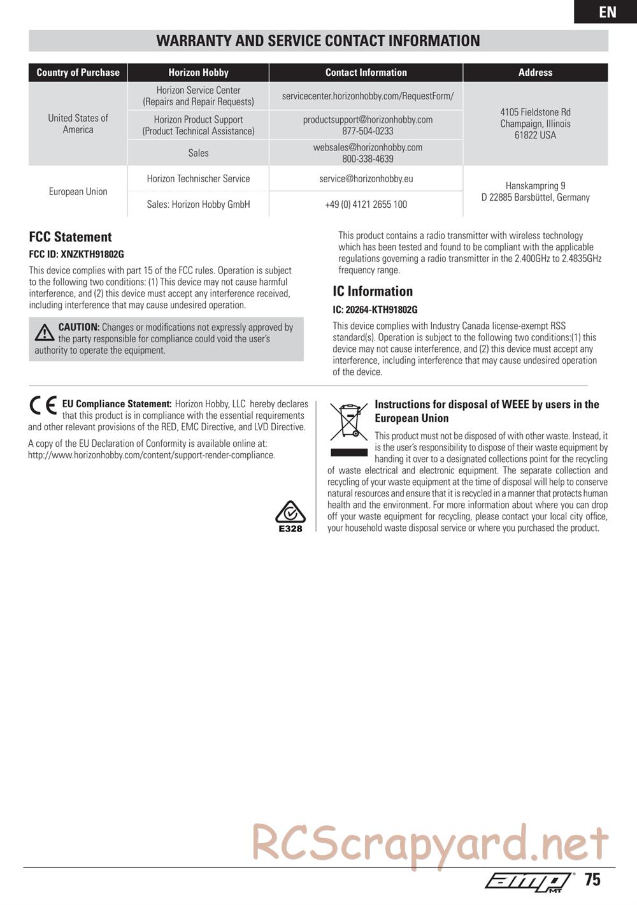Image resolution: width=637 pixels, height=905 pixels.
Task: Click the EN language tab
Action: click(x=607, y=12)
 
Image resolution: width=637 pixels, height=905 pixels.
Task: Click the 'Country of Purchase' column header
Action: click(x=78, y=73)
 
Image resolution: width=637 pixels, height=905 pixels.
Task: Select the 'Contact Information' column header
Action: click(x=366, y=73)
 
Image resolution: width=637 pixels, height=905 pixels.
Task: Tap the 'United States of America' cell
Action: click(x=78, y=124)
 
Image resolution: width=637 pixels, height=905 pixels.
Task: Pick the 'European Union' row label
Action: click(x=78, y=191)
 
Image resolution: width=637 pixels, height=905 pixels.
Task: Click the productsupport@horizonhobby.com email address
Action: click(x=368, y=119)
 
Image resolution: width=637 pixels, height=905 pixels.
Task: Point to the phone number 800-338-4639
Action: click(x=368, y=159)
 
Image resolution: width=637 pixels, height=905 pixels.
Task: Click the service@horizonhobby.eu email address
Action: click(x=366, y=178)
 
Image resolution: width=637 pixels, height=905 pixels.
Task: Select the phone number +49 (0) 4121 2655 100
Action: click(x=366, y=205)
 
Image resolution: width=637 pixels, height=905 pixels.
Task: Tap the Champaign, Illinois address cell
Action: click(x=535, y=124)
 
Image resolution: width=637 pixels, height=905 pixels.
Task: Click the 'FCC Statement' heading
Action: click(x=70, y=237)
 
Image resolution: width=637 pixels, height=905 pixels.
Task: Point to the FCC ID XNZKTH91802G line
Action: click(x=76, y=254)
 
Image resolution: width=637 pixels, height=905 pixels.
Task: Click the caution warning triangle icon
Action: click(x=45, y=332)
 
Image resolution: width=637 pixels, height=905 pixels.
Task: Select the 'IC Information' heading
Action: click(x=373, y=291)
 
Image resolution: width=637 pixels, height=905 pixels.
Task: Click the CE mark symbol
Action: click(x=43, y=406)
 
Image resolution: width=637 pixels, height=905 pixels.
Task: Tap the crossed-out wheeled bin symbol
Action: click(x=348, y=421)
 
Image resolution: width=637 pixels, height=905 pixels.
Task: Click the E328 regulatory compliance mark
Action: click(x=290, y=516)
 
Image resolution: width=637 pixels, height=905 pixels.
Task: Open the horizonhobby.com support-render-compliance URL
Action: click(x=152, y=455)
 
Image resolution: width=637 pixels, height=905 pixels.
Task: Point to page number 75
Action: click(x=592, y=880)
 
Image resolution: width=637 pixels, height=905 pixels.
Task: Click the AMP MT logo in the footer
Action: click(x=529, y=881)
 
